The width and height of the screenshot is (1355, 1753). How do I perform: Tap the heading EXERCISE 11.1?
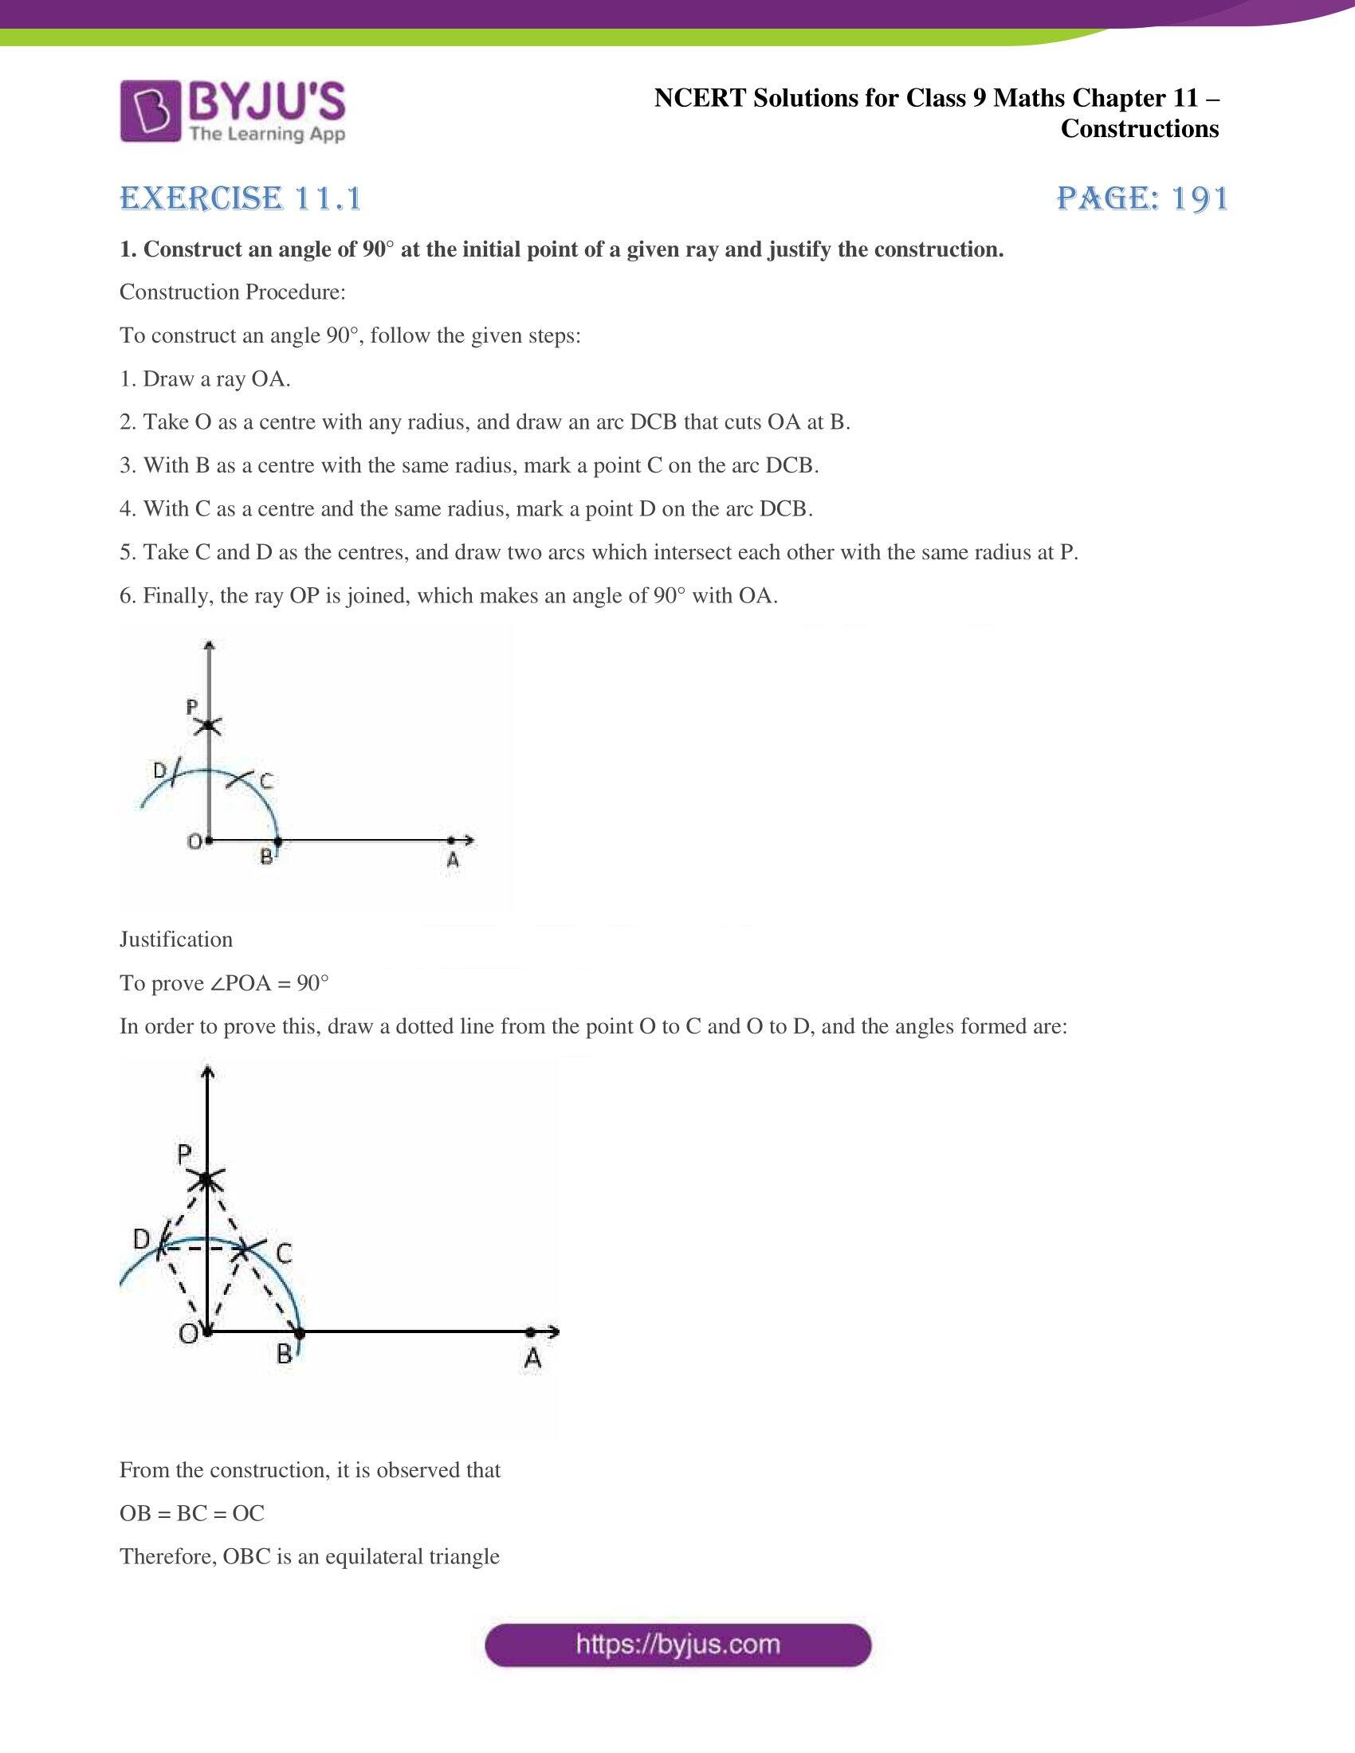click(241, 198)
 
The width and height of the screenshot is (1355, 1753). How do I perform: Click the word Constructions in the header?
click(1139, 129)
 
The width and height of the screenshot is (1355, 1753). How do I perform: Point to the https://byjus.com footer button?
click(677, 1645)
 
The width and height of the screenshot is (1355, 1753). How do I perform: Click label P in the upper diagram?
click(192, 707)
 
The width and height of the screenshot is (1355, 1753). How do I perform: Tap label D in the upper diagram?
click(159, 771)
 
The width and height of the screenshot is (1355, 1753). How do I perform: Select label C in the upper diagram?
click(265, 780)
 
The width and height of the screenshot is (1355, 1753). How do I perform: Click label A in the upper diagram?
click(453, 860)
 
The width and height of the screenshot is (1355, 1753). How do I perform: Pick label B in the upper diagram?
click(265, 857)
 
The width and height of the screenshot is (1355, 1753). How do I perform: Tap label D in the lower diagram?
click(142, 1239)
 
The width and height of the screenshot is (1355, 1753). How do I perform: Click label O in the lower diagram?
click(188, 1333)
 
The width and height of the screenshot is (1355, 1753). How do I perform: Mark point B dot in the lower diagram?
click(300, 1333)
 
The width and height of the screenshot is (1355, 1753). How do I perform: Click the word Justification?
click(176, 939)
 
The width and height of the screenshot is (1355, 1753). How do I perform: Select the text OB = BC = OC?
click(192, 1513)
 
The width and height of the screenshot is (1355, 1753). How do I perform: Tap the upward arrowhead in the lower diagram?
click(208, 1072)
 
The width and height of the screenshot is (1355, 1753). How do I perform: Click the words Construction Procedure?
click(233, 292)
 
